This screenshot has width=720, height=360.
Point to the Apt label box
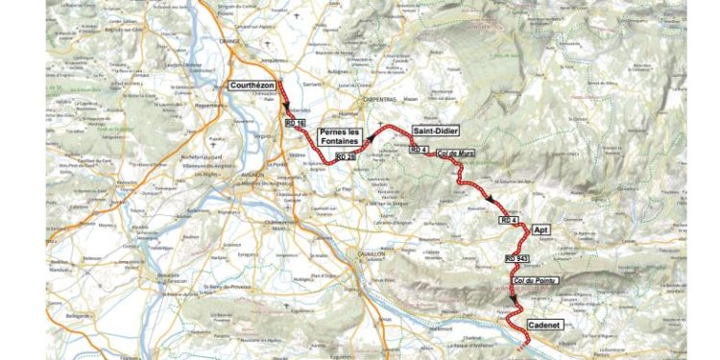(539, 219)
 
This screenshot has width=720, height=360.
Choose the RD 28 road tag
(345, 155)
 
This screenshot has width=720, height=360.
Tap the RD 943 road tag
(516, 258)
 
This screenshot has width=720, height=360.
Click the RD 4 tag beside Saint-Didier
(417, 150)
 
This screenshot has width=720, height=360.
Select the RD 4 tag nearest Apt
(509, 220)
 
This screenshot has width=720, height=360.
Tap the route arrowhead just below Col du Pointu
(515, 299)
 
